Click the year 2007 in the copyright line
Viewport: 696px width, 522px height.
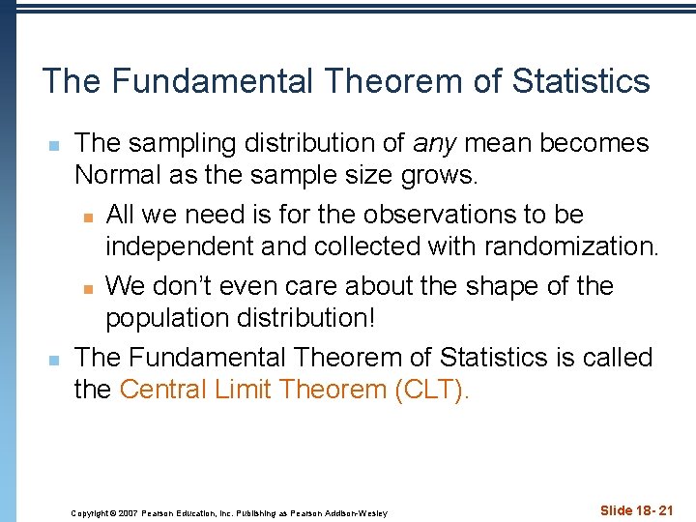point(129,512)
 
